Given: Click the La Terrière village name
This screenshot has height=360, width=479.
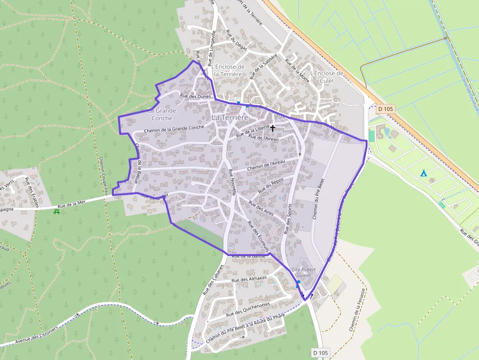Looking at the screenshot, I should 230,118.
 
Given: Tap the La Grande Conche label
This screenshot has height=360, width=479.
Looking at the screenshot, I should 162,114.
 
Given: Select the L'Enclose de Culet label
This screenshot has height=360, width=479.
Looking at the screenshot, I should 327,77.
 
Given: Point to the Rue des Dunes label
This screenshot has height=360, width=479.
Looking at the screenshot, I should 196,96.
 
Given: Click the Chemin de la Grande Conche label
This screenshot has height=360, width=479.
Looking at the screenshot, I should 174,128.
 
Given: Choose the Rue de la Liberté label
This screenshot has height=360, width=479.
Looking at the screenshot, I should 253,130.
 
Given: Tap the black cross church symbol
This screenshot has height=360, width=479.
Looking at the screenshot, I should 272,128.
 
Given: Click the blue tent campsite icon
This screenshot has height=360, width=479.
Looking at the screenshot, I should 424,173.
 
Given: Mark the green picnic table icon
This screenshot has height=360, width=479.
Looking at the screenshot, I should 57,212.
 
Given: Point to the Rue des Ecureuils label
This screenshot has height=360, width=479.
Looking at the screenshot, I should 259,236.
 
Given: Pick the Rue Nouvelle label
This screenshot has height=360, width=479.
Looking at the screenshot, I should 232,182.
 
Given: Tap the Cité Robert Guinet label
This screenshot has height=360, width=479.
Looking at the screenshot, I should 304,272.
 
